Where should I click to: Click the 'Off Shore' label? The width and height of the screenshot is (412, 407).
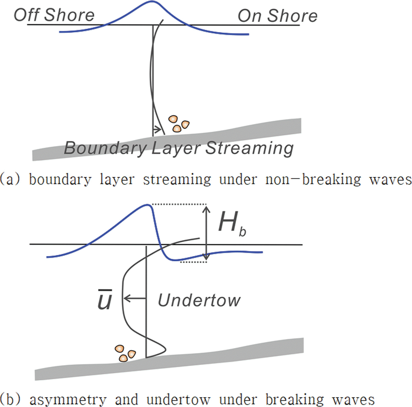click(x=54, y=15)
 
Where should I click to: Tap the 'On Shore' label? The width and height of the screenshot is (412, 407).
click(x=277, y=16)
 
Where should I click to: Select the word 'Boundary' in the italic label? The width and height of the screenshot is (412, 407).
click(x=105, y=148)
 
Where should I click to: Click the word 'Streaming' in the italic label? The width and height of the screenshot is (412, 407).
click(x=249, y=148)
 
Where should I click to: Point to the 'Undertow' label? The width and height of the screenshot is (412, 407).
click(x=199, y=301)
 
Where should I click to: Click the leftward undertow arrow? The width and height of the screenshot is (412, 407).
click(x=134, y=299)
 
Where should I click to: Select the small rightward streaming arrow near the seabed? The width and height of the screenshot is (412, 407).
click(x=157, y=129)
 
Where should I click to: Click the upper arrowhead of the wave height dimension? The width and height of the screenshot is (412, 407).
click(x=206, y=209)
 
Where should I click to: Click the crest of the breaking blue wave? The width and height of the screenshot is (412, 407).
click(x=147, y=205)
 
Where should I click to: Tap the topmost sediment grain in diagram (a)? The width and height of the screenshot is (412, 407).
click(x=173, y=119)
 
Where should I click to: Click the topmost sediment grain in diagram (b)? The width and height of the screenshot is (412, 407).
click(x=119, y=349)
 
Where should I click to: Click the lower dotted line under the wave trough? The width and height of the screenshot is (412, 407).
click(x=194, y=262)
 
